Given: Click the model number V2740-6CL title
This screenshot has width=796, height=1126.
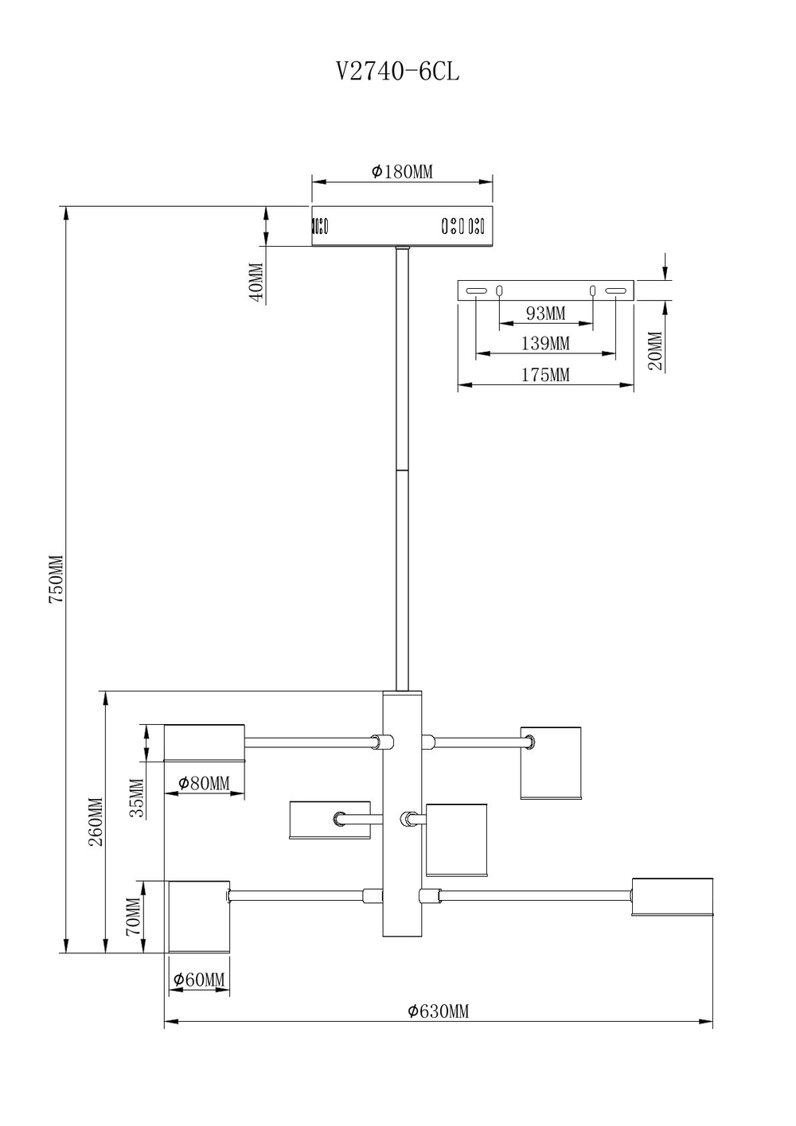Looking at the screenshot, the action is (397, 72).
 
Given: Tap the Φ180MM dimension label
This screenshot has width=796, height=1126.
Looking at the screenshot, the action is (402, 172).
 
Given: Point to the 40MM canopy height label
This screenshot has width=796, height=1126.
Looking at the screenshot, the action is (256, 282).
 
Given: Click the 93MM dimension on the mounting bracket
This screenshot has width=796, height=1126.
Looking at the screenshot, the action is (545, 314).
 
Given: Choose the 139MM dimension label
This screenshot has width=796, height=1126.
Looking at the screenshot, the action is (545, 344).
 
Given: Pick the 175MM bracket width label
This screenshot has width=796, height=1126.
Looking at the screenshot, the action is (545, 375).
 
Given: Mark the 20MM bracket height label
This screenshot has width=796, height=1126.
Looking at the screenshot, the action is (655, 351).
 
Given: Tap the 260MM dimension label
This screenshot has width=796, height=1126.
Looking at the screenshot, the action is (96, 821).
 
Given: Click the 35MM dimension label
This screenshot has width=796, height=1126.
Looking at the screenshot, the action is (137, 798).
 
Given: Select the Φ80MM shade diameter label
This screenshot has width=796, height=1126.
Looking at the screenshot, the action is (204, 783).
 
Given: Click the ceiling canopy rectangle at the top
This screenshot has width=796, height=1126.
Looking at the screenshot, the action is (402, 226).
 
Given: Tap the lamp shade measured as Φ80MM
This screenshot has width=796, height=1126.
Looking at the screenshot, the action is (204, 742).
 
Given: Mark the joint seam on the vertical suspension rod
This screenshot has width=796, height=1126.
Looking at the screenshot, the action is (402, 469).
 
